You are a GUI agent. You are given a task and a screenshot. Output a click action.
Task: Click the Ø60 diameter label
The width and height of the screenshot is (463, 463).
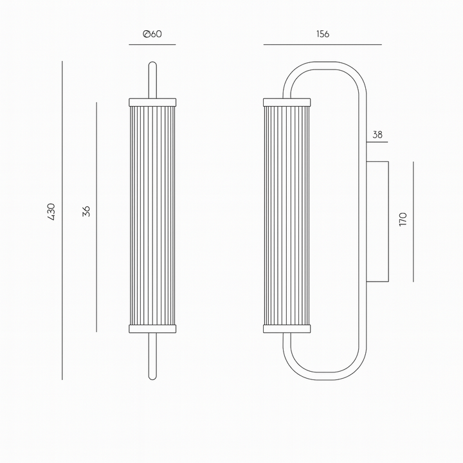(152, 34)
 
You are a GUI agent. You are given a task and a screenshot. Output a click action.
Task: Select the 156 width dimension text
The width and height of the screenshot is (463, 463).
(322, 34)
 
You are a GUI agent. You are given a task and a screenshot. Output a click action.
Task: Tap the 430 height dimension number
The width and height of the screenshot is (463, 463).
(51, 212)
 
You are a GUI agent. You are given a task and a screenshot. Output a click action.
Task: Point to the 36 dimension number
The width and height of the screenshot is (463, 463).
(86, 212)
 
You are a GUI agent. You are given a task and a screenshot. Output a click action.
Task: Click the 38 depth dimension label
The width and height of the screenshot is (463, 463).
(377, 134)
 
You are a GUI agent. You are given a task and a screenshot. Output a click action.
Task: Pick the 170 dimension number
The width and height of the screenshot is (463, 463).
(403, 219)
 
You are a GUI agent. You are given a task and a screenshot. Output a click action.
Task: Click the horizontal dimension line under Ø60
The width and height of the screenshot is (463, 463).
(152, 44)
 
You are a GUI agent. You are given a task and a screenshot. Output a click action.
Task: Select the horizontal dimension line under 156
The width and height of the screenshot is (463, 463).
(322, 44)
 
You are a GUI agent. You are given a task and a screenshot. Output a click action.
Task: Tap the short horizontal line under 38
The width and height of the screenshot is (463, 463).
(377, 142)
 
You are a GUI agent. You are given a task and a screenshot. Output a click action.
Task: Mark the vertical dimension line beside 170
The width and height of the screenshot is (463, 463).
(413, 221)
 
